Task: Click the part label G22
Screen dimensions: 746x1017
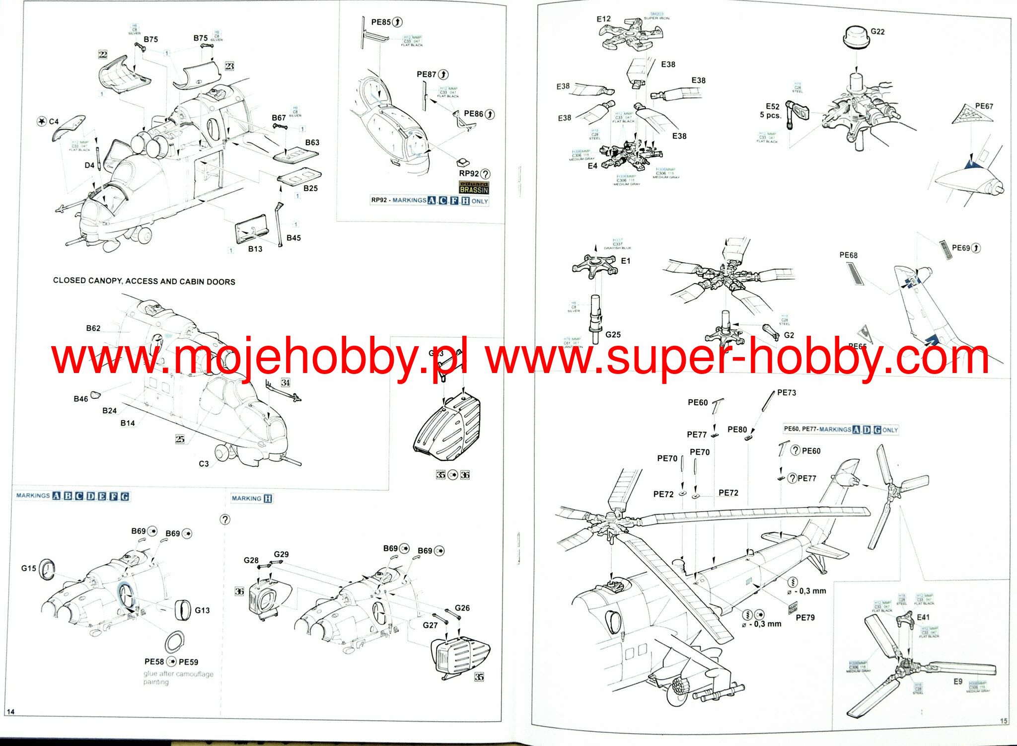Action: pyautogui.click(x=877, y=32)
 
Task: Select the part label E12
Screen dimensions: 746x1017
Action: pyautogui.click(x=603, y=19)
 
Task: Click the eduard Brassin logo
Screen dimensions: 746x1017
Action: pyautogui.click(x=474, y=187)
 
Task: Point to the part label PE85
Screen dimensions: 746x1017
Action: pyautogui.click(x=381, y=22)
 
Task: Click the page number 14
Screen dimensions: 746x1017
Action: pyautogui.click(x=10, y=712)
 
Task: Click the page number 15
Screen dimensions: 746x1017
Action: pyautogui.click(x=1003, y=721)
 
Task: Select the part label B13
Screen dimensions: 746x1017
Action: pyautogui.click(x=255, y=249)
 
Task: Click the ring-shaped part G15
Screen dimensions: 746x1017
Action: pyautogui.click(x=47, y=569)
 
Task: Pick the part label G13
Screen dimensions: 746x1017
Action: pyautogui.click(x=202, y=610)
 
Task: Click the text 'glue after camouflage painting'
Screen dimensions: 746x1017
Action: pyautogui.click(x=178, y=678)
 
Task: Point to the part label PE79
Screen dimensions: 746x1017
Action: pyautogui.click(x=805, y=617)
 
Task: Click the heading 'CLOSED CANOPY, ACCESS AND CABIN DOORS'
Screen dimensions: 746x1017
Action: pyautogui.click(x=144, y=281)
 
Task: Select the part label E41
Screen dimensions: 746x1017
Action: pyautogui.click(x=923, y=617)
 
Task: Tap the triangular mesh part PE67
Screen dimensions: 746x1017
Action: pyautogui.click(x=971, y=116)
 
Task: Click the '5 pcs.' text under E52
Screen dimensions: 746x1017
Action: pyautogui.click(x=770, y=115)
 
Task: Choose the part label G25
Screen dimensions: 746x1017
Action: pyautogui.click(x=613, y=335)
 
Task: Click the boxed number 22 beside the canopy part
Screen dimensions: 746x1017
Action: pyautogui.click(x=103, y=54)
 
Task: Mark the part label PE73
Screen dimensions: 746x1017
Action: pyautogui.click(x=787, y=393)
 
